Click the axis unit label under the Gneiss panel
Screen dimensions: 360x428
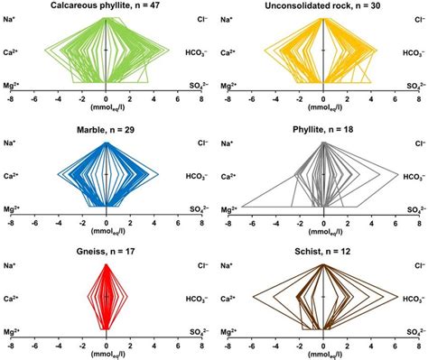point(107,353)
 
